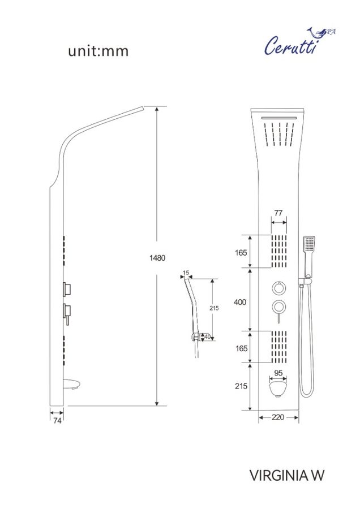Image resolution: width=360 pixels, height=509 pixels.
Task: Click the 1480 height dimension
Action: pos(157,258)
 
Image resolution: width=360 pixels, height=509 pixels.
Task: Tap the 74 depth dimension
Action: pos(57,420)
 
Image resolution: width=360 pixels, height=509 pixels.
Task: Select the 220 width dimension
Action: pos(278,417)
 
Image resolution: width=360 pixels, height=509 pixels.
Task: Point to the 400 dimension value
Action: pos(240,302)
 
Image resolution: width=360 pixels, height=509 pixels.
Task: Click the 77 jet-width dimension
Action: pos(278,213)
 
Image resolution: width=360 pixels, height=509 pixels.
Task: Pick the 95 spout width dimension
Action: pos(278,373)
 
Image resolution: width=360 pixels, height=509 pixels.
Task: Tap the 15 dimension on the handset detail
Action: pos(186,273)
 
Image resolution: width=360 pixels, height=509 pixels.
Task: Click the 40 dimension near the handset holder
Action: pos(207,337)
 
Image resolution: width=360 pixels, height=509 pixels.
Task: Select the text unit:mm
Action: pos(98,51)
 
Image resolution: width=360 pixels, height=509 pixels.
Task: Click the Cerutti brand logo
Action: pos(299,42)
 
